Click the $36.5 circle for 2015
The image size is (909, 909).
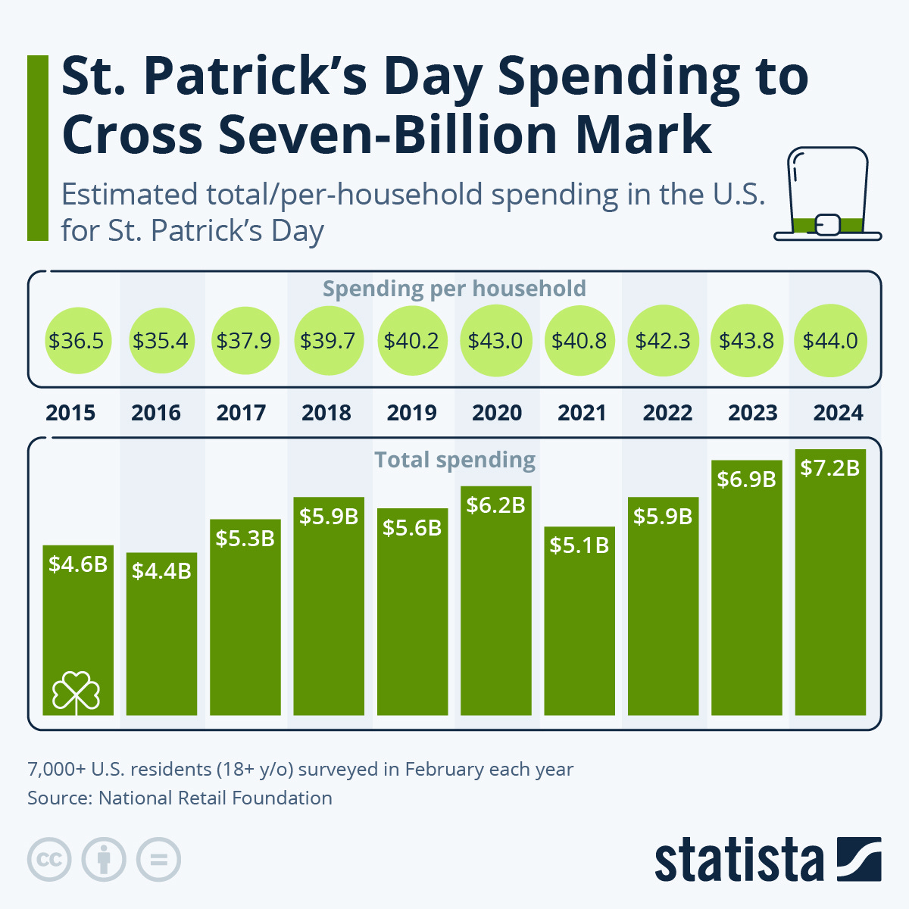tap(76, 341)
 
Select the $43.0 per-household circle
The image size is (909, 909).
tap(495, 341)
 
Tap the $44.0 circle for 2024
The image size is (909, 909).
tap(830, 341)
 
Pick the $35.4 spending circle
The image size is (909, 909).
tap(160, 341)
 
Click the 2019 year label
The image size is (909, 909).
tap(412, 413)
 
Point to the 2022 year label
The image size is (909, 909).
tap(667, 413)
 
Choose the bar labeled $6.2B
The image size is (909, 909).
tap(495, 606)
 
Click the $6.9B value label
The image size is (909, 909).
tap(746, 479)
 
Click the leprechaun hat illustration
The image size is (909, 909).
tap(827, 194)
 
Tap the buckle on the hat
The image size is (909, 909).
tap(828, 224)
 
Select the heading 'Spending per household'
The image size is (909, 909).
tap(454, 289)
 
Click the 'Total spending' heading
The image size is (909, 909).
tap(454, 460)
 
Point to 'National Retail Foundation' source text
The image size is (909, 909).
tap(215, 798)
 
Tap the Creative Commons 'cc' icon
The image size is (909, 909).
tap(49, 860)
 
